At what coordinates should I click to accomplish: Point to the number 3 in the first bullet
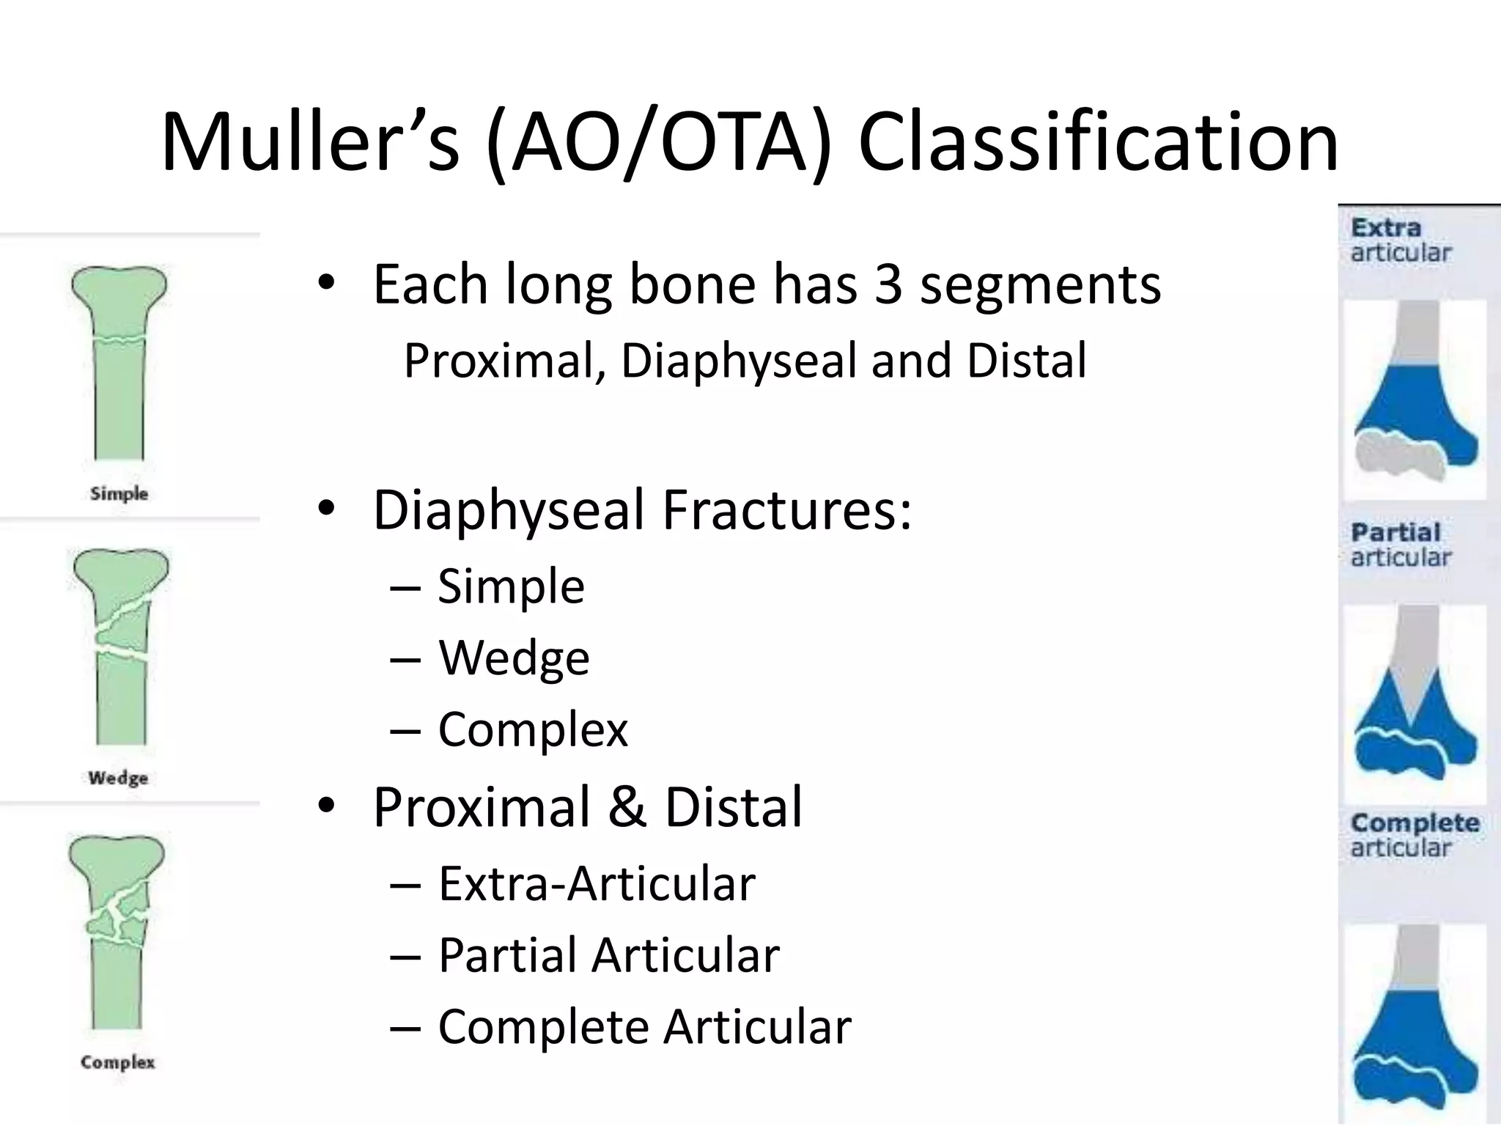pos(888,284)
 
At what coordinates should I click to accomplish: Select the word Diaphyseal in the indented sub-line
pos(737,361)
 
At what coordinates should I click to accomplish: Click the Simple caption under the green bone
pos(119,493)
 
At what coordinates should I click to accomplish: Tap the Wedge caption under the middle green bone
pos(118,777)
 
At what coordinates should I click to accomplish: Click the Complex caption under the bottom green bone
pos(118,1061)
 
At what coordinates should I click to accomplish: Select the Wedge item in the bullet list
pos(514,658)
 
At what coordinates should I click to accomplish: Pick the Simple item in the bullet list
pos(511,586)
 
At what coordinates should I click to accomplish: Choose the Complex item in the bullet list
pos(533,729)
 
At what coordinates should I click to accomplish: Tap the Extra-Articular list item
pos(596,883)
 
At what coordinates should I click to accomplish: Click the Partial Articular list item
pos(608,955)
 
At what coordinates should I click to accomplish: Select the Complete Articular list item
pos(644,1026)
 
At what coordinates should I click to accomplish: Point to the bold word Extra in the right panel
pos(1386,228)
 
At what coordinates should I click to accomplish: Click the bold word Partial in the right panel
pos(1395,532)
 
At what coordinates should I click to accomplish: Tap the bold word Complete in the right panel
pos(1415,823)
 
